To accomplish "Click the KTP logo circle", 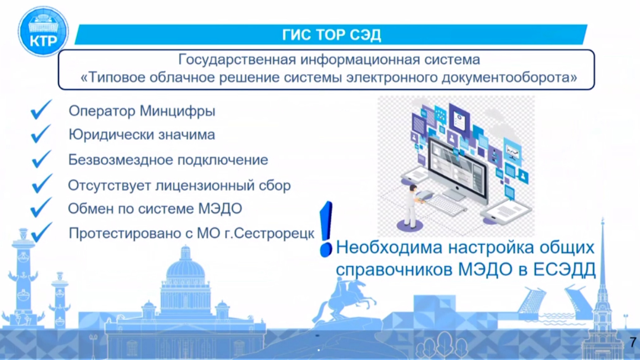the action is coord(43,32).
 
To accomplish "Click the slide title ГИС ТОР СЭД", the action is coord(331,35).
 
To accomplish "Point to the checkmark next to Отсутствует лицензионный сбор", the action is coord(42,183).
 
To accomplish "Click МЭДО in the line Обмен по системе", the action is coord(220,209).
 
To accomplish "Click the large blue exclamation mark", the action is coord(326,229).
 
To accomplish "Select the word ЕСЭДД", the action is coord(564,269).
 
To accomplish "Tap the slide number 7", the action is coord(633,342).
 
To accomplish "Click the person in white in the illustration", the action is coord(412,207).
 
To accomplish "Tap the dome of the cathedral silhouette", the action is coord(186,267).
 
